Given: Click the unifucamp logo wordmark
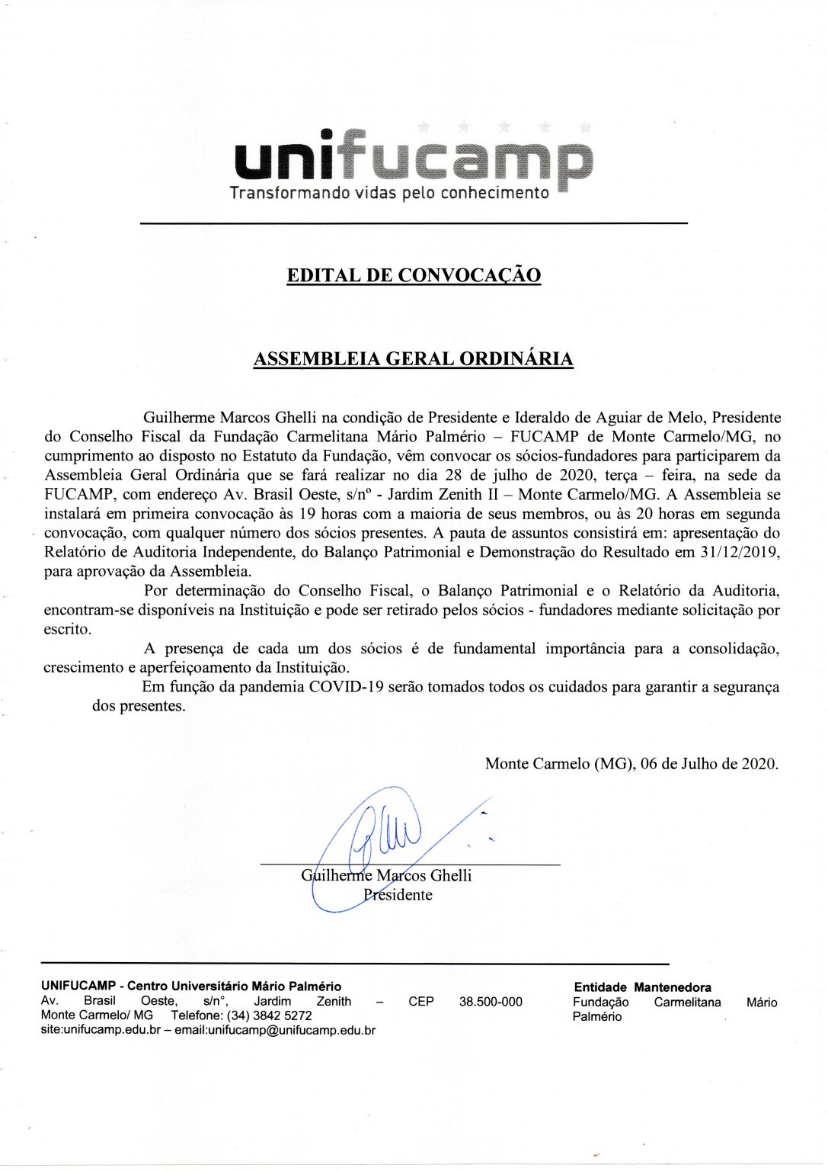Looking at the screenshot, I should [413, 158].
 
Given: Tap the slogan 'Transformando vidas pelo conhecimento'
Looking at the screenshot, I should [389, 193].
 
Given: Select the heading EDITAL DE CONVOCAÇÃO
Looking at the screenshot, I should [414, 275].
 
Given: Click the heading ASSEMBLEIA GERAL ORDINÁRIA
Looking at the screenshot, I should [413, 359].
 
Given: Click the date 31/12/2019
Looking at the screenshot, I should [739, 552].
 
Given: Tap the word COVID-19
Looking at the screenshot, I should [346, 687].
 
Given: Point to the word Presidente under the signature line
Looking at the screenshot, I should [398, 895].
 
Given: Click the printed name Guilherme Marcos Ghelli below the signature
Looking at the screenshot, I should [386, 876].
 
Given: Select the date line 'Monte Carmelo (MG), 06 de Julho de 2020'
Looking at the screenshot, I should [631, 764].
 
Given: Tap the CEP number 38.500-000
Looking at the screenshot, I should [491, 1002].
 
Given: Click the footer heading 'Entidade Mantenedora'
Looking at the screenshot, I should [642, 987].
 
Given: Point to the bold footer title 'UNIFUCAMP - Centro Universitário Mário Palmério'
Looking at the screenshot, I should [191, 987].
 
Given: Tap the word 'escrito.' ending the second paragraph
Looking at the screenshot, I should [68, 630].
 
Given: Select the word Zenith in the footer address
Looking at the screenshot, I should [334, 1002].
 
